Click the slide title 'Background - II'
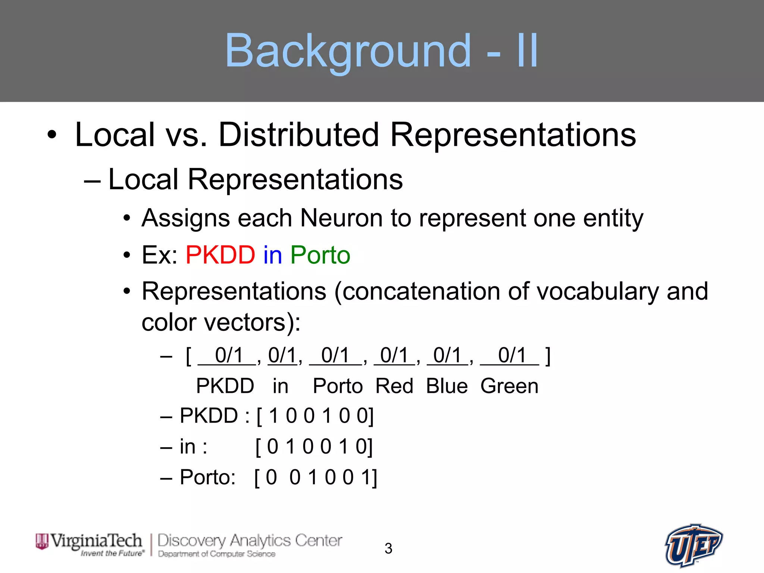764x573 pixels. point(381,51)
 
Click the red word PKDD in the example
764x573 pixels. point(220,255)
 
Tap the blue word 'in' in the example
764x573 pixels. point(273,255)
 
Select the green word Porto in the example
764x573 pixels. point(320,255)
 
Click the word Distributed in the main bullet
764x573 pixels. point(298,135)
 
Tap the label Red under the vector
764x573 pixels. point(394,386)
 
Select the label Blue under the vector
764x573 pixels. point(447,386)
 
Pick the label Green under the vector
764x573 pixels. point(509,386)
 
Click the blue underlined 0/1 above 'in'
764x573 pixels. point(282,355)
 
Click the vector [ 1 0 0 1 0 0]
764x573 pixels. point(315,416)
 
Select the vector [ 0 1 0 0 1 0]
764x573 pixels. point(314,447)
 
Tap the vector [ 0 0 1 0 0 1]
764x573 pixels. point(316,477)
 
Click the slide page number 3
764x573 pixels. point(388,548)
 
